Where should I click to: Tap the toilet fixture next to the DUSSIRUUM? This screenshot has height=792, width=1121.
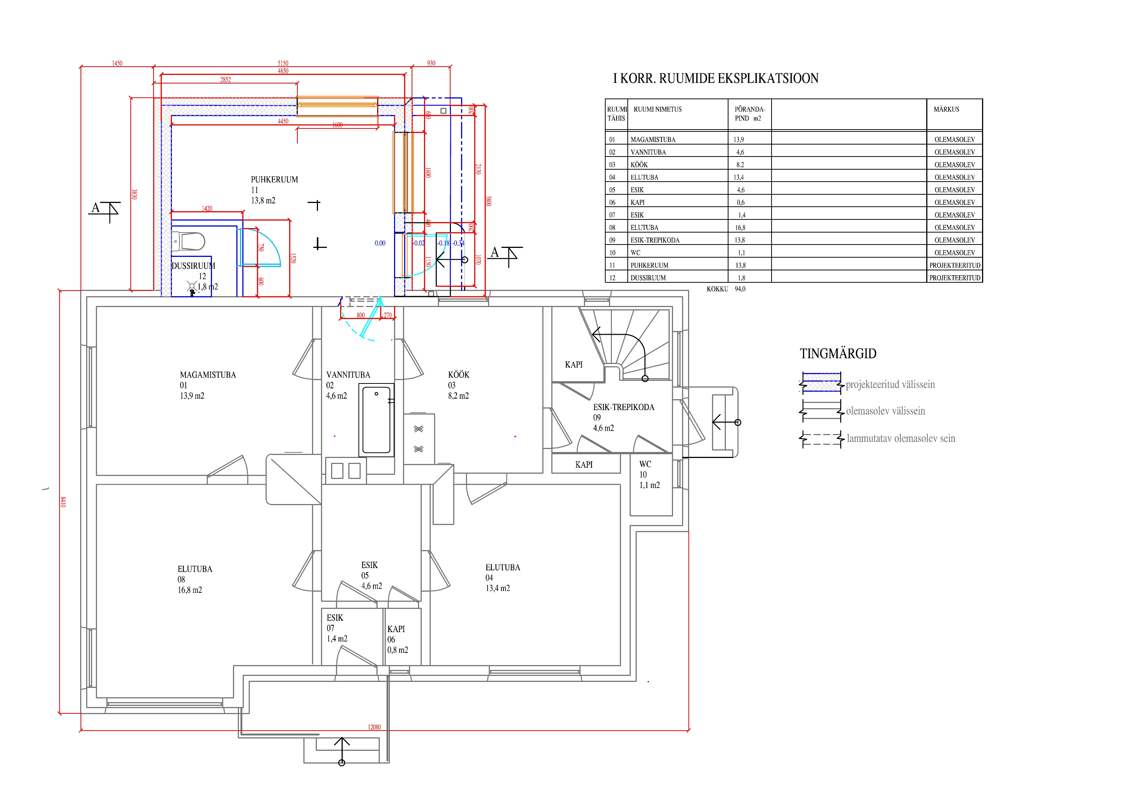(189, 241)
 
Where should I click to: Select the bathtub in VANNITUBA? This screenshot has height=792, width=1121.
(376, 420)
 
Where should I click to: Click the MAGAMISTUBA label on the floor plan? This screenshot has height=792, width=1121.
(207, 375)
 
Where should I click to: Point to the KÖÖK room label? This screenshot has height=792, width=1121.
(458, 375)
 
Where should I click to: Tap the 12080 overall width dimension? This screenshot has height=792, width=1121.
(374, 727)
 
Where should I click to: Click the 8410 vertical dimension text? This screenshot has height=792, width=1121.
(63, 502)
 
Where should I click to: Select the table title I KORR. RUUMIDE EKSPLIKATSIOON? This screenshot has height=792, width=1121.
(716, 79)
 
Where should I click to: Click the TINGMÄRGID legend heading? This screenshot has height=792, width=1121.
(838, 353)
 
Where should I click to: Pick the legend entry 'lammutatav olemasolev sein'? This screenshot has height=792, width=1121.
(901, 439)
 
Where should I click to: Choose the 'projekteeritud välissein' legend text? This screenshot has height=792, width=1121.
(890, 385)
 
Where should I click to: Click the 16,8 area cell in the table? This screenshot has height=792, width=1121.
(740, 228)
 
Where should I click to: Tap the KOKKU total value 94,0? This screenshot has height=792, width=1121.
(740, 289)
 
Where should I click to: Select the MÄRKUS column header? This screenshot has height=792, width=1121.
(946, 109)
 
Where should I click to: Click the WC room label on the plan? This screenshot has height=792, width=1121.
(645, 464)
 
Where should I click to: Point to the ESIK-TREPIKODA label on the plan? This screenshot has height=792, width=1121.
(624, 407)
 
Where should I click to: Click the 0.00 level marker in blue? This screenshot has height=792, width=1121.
(380, 243)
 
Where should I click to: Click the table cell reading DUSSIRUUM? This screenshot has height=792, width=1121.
(648, 278)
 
